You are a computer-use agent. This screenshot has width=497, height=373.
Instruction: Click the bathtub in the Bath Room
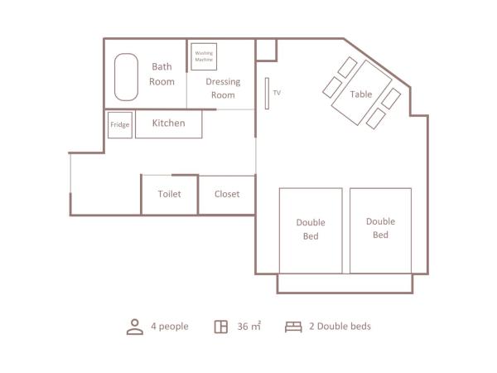tap(127, 78)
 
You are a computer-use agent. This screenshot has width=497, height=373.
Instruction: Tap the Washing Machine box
tap(204, 57)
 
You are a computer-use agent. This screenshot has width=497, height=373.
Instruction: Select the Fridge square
tap(120, 125)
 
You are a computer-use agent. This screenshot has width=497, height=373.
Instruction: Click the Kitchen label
tap(168, 124)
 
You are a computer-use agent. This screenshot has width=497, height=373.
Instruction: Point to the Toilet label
tap(169, 194)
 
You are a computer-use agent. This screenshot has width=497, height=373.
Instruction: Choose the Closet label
tap(227, 194)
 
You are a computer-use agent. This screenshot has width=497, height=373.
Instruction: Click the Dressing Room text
tap(223, 88)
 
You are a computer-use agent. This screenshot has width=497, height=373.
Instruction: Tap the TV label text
tap(277, 93)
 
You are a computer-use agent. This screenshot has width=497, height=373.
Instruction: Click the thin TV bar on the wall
tap(267, 92)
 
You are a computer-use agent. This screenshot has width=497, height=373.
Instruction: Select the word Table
tap(361, 94)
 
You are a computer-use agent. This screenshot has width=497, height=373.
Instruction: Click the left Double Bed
tap(311, 230)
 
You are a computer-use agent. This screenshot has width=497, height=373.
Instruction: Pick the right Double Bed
tap(380, 229)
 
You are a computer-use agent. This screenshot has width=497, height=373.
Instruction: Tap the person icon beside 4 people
tap(135, 327)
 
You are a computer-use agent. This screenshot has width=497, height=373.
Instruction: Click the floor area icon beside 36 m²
tap(221, 327)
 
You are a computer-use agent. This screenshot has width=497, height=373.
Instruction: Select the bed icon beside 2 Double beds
tap(293, 327)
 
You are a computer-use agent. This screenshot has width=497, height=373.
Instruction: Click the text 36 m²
tap(249, 327)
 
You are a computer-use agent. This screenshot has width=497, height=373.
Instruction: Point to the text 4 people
tap(170, 327)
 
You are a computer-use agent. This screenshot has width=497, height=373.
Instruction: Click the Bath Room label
tap(162, 74)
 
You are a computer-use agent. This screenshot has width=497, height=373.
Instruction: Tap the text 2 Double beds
tap(340, 327)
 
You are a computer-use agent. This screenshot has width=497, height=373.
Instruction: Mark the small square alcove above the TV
tap(266, 49)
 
